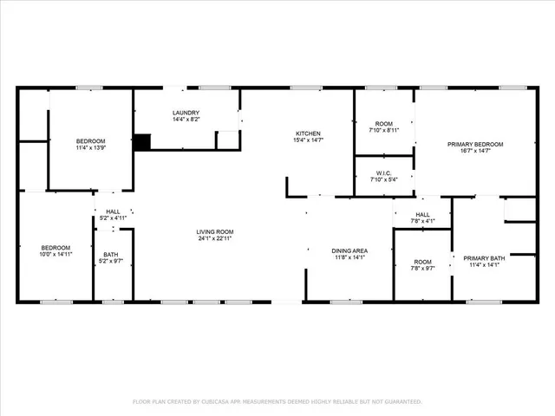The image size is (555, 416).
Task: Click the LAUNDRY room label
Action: (186, 113)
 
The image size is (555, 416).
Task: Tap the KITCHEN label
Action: (310, 133)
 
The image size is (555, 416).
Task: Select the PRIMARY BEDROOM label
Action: (474, 144)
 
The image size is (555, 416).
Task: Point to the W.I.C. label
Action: (384, 173)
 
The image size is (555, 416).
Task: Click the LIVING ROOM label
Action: (215, 231)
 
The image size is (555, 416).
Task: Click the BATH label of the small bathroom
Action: (111, 255)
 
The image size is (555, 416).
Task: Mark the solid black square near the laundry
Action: (142, 141)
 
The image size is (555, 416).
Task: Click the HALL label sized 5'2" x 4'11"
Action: (113, 211)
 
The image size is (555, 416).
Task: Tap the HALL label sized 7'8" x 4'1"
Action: (422, 214)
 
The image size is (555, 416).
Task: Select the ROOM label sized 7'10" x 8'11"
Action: (384, 124)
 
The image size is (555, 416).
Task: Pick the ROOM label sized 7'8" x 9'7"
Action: (422, 262)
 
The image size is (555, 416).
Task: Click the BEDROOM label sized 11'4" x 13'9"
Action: (90, 141)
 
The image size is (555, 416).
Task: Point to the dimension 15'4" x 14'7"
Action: (310, 140)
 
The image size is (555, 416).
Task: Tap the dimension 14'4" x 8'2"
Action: (186, 120)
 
